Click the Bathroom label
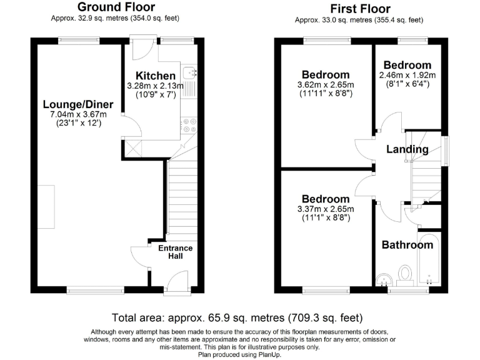407,245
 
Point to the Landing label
407,149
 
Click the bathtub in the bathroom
429,262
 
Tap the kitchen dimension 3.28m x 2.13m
156,86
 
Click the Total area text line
237,317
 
